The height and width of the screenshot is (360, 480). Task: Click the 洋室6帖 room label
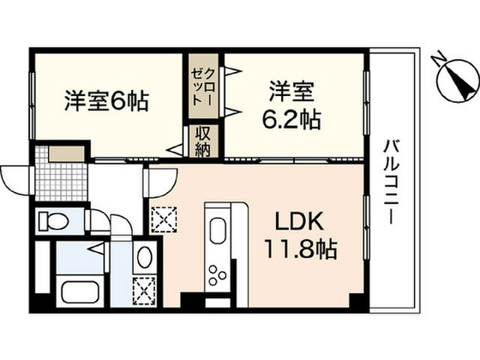[106, 100]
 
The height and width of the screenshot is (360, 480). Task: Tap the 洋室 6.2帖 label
[292, 105]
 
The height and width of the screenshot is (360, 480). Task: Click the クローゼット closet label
[202, 87]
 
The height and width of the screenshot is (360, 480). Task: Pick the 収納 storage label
[203, 141]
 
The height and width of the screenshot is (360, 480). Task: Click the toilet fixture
[53, 220]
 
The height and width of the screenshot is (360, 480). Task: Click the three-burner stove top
[217, 274]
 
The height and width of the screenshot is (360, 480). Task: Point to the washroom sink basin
[145, 256]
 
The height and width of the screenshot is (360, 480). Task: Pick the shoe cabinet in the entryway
[67, 154]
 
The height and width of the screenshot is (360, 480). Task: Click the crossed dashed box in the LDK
[164, 220]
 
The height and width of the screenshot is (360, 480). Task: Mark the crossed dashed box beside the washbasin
[145, 291]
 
